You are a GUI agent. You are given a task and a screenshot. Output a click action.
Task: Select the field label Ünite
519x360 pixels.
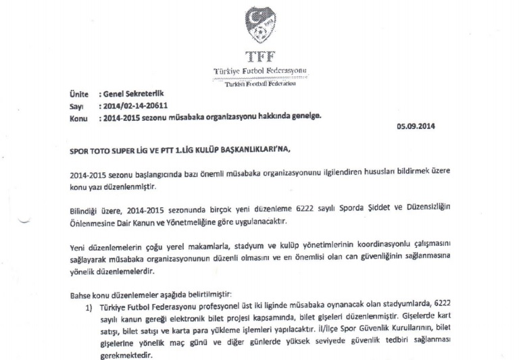click(x=78, y=95)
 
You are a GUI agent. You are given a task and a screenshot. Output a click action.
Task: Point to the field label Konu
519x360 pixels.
click(x=79, y=117)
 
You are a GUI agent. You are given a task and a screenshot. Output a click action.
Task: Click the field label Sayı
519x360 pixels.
click(x=76, y=106)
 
